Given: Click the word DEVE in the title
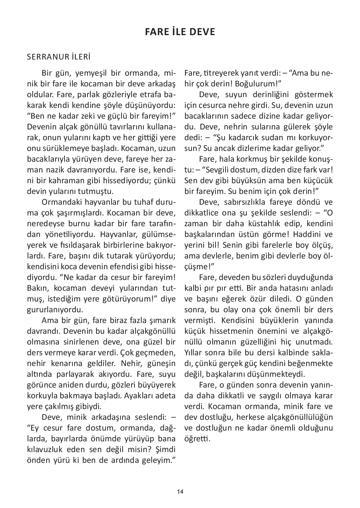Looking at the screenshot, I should pos(202,32).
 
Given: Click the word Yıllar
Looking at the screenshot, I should pos(194,353).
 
